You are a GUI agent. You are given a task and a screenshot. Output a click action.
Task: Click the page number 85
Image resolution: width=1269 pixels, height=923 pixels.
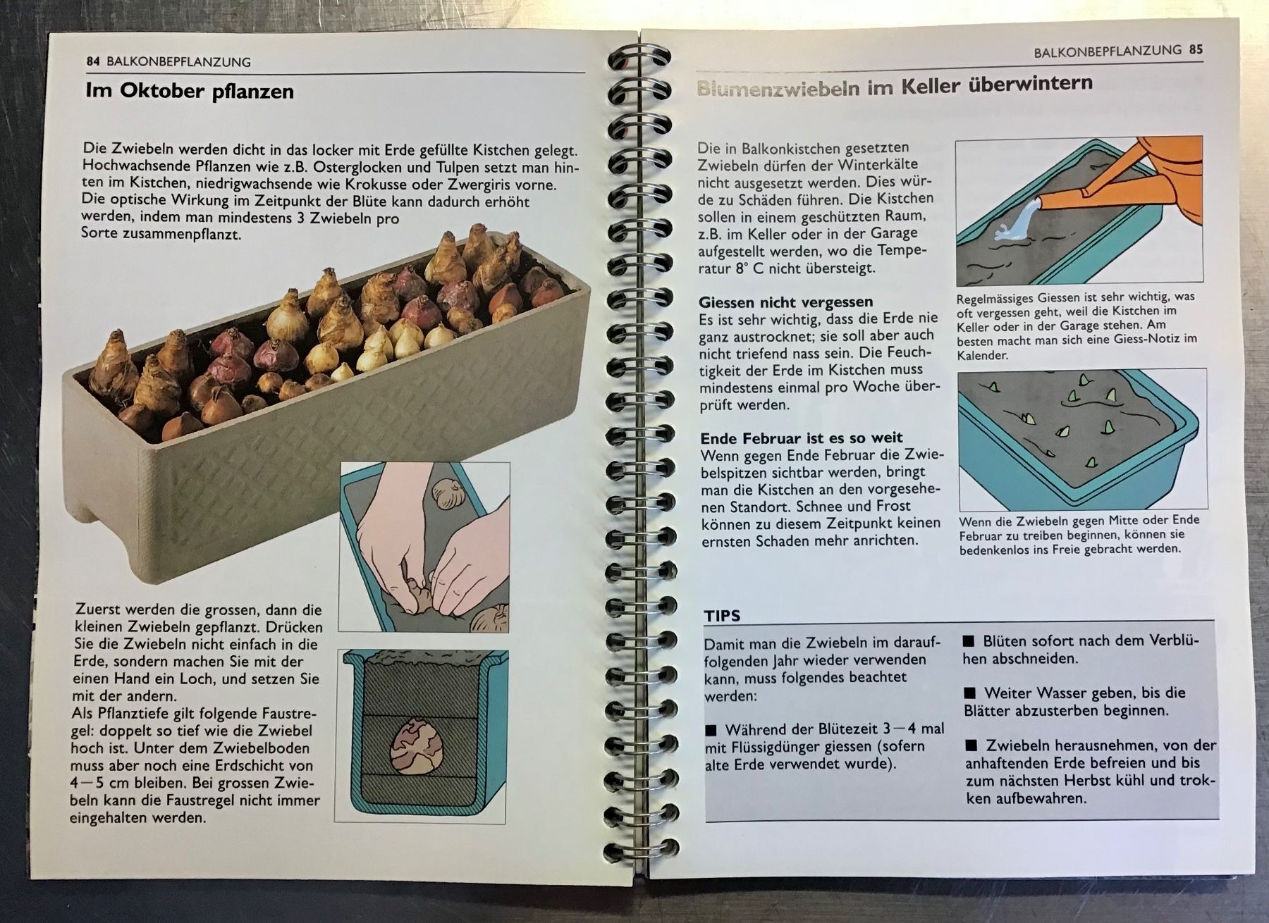pyautogui.click(x=1196, y=49)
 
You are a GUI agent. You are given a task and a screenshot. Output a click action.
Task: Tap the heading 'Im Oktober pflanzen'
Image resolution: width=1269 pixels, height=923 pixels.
pyautogui.click(x=190, y=92)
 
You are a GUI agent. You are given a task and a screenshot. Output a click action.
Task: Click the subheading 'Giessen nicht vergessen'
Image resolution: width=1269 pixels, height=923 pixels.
pyautogui.click(x=786, y=302)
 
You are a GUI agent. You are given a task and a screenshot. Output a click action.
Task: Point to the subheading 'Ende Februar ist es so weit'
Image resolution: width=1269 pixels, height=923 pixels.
pyautogui.click(x=802, y=438)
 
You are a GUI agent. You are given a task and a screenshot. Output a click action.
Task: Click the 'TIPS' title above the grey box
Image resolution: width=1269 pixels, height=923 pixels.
pyautogui.click(x=723, y=616)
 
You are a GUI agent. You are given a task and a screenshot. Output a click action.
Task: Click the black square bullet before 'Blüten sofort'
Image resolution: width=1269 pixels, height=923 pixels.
pyautogui.click(x=969, y=641)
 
